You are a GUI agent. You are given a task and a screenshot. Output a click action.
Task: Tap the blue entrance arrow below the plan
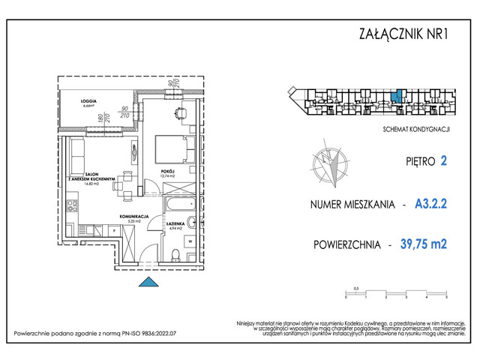click(149, 282)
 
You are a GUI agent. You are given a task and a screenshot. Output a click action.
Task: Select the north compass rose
click(328, 166)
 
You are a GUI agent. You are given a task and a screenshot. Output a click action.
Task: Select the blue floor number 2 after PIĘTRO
click(444, 160)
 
